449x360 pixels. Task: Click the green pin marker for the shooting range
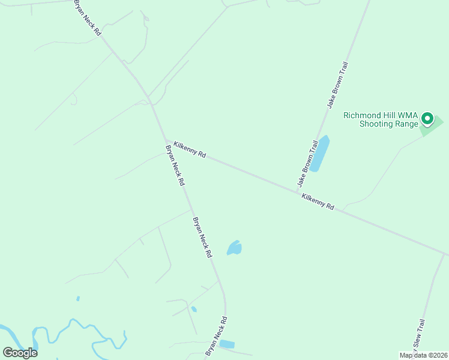click(x=427, y=118)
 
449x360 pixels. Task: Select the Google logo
click(x=20, y=352)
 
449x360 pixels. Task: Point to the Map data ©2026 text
click(x=423, y=355)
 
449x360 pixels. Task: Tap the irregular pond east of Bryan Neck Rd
click(x=234, y=248)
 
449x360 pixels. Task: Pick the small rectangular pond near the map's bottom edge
click(x=227, y=344)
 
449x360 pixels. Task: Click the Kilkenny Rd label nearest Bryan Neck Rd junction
click(x=190, y=149)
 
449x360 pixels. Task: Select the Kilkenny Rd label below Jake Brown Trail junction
click(x=318, y=202)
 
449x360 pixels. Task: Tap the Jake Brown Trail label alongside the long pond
click(x=306, y=163)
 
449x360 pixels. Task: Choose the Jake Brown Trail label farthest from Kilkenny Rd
click(x=337, y=85)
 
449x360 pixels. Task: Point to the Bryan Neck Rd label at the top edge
click(x=87, y=17)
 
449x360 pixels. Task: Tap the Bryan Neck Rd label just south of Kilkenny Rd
click(x=175, y=165)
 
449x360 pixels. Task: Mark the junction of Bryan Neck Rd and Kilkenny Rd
click(x=165, y=140)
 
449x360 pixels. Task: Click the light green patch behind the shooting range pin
click(x=436, y=125)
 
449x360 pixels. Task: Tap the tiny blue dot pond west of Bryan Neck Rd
click(x=78, y=298)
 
